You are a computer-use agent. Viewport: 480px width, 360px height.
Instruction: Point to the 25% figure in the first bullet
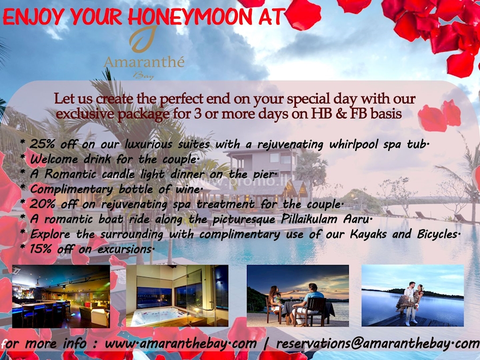click(41, 144)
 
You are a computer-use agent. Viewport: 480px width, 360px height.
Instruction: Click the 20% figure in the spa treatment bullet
click(41, 204)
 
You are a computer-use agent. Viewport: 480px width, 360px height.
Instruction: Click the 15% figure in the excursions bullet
click(41, 249)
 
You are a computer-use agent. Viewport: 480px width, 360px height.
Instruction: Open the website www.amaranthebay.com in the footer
click(180, 343)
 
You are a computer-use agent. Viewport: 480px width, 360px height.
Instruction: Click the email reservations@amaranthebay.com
click(378, 343)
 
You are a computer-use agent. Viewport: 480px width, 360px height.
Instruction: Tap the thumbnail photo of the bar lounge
click(61, 296)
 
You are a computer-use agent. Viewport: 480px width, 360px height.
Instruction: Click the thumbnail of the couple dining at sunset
click(298, 296)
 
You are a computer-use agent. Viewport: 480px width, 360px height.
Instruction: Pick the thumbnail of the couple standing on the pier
click(412, 296)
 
